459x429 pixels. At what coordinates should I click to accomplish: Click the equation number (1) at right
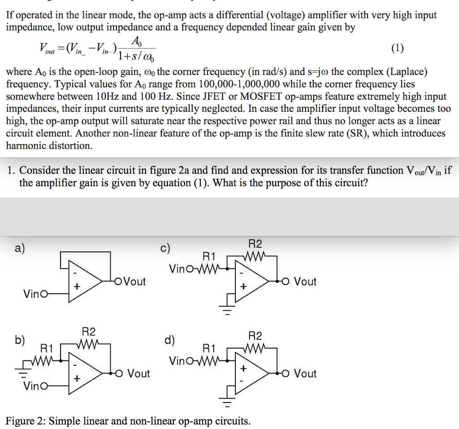[x=397, y=48]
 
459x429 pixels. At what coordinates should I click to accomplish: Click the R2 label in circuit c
[x=255, y=244]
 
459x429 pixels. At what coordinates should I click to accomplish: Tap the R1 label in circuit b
[x=47, y=348]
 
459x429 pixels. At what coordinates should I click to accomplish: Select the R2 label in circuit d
[x=255, y=336]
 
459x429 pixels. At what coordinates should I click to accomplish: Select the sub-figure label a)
[x=19, y=248]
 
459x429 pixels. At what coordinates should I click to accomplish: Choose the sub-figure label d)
[x=169, y=340]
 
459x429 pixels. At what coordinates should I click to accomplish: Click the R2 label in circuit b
[x=89, y=332]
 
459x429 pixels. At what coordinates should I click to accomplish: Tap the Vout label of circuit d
[x=305, y=373]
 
